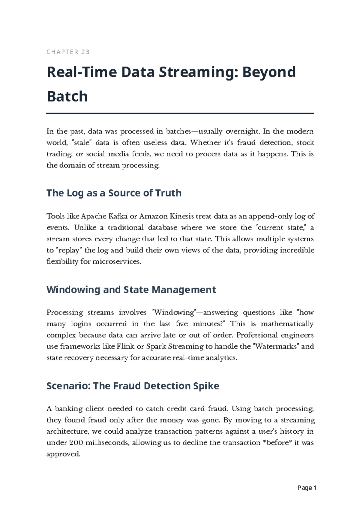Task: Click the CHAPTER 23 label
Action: point(68,52)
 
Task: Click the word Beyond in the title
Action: point(269,72)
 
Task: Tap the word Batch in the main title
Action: point(67,97)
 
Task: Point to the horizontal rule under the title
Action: point(180,113)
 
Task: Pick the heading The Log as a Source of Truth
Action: point(114,193)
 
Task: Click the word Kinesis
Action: point(182,216)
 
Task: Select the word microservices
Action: point(116,262)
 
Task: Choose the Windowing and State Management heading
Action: point(131,290)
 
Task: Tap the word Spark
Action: point(156,347)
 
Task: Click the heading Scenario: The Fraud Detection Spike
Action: point(133,386)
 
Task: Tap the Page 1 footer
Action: point(307,488)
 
